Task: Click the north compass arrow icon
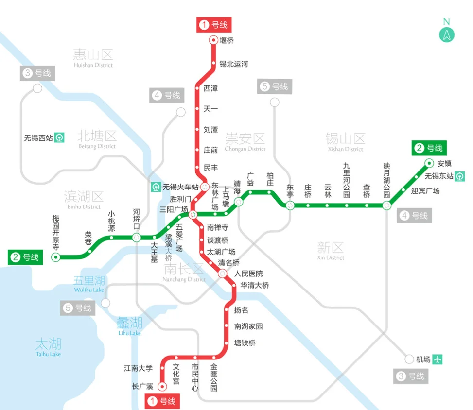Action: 446,34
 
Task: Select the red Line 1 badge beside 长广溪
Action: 163,401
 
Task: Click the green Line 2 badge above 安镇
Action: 429,148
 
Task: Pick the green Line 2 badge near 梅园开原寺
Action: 25,257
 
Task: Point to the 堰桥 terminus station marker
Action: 213,40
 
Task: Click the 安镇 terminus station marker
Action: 429,163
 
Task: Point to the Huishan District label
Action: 93,57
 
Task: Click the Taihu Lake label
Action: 48,347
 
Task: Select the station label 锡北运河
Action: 233,64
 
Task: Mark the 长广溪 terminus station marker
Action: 162,386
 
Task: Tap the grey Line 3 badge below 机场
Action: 411,376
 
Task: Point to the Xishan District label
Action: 345,142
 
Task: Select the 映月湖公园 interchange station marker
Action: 386,205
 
